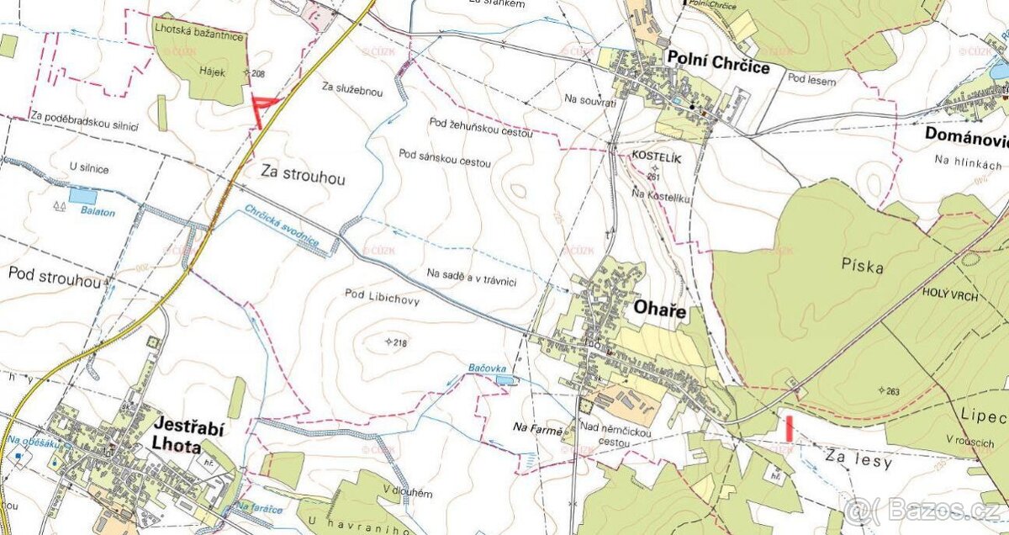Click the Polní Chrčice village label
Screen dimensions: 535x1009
tap(717, 61)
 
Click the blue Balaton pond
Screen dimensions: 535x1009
tap(82, 196)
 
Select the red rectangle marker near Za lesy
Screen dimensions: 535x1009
tap(789, 427)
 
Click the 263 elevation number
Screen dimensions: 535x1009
tap(892, 390)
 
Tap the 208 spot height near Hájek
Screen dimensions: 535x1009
tap(257, 74)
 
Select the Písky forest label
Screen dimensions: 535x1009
tap(863, 267)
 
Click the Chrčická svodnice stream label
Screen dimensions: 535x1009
tap(282, 225)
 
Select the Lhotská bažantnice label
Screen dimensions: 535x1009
tap(198, 36)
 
